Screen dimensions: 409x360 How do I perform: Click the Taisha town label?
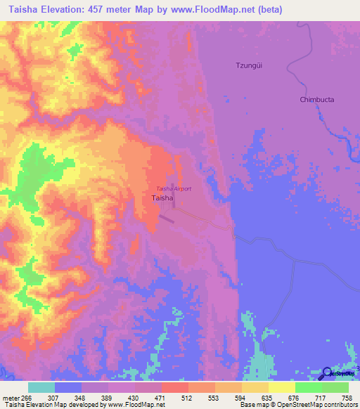point(163,199)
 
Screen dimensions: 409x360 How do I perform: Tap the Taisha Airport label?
point(174,189)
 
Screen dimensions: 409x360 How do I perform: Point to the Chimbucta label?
point(316,100)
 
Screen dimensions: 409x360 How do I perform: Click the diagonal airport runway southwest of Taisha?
point(166,219)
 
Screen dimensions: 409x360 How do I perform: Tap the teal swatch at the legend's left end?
point(41,387)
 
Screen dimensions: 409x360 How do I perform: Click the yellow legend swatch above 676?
point(281,387)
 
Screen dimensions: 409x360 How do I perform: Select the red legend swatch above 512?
point(174,387)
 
